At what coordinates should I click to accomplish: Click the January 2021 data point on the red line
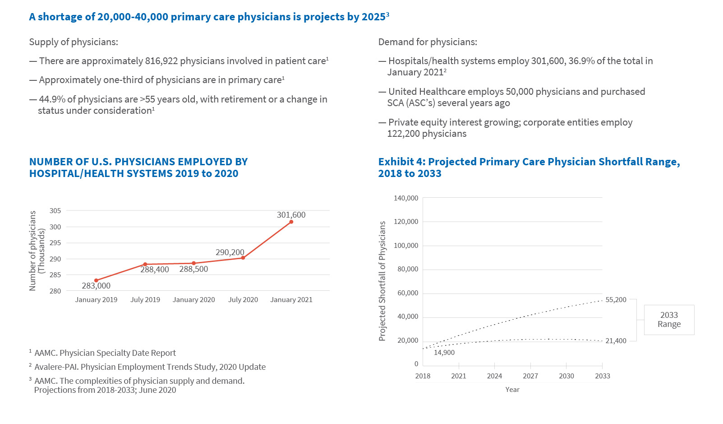point(291,222)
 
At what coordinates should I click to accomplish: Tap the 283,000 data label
point(96,286)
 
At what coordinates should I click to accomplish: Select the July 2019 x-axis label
point(145,300)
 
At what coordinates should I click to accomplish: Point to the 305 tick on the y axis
point(55,211)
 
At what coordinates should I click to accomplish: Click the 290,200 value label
point(230,252)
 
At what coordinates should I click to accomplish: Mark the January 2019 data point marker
point(96,280)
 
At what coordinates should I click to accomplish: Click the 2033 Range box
point(669,320)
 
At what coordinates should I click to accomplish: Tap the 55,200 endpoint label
point(616,300)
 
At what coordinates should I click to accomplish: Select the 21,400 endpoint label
point(616,341)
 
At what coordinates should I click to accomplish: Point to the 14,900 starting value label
point(444,353)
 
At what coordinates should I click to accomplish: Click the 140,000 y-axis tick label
point(406,198)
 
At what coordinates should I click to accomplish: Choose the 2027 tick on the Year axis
point(530,376)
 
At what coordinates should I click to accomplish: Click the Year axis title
point(512,390)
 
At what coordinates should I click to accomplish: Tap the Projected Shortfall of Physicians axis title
point(382,281)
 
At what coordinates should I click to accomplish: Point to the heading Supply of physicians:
point(74,42)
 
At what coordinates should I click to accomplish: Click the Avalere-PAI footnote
point(150,367)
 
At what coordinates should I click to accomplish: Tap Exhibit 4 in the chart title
point(401,162)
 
